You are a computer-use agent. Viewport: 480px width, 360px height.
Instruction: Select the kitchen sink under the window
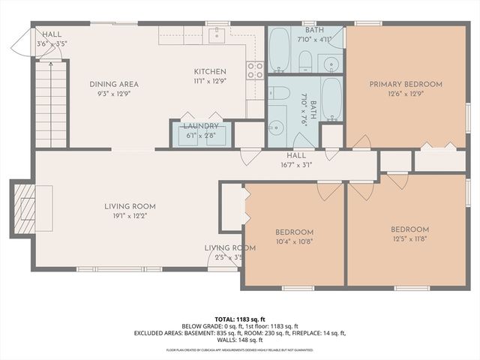[217, 34]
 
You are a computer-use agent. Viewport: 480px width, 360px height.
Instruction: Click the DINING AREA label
[114, 84]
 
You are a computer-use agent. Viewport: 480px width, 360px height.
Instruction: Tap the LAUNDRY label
[201, 126]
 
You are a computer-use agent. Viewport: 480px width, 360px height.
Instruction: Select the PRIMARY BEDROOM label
[406, 84]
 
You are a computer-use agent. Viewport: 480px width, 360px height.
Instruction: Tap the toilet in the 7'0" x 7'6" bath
[280, 93]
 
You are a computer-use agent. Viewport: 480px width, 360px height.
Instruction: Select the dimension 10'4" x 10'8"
[294, 242]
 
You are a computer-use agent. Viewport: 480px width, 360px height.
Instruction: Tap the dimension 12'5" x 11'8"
[409, 239]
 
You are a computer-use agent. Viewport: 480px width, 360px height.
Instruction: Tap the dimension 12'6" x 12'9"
[406, 94]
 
